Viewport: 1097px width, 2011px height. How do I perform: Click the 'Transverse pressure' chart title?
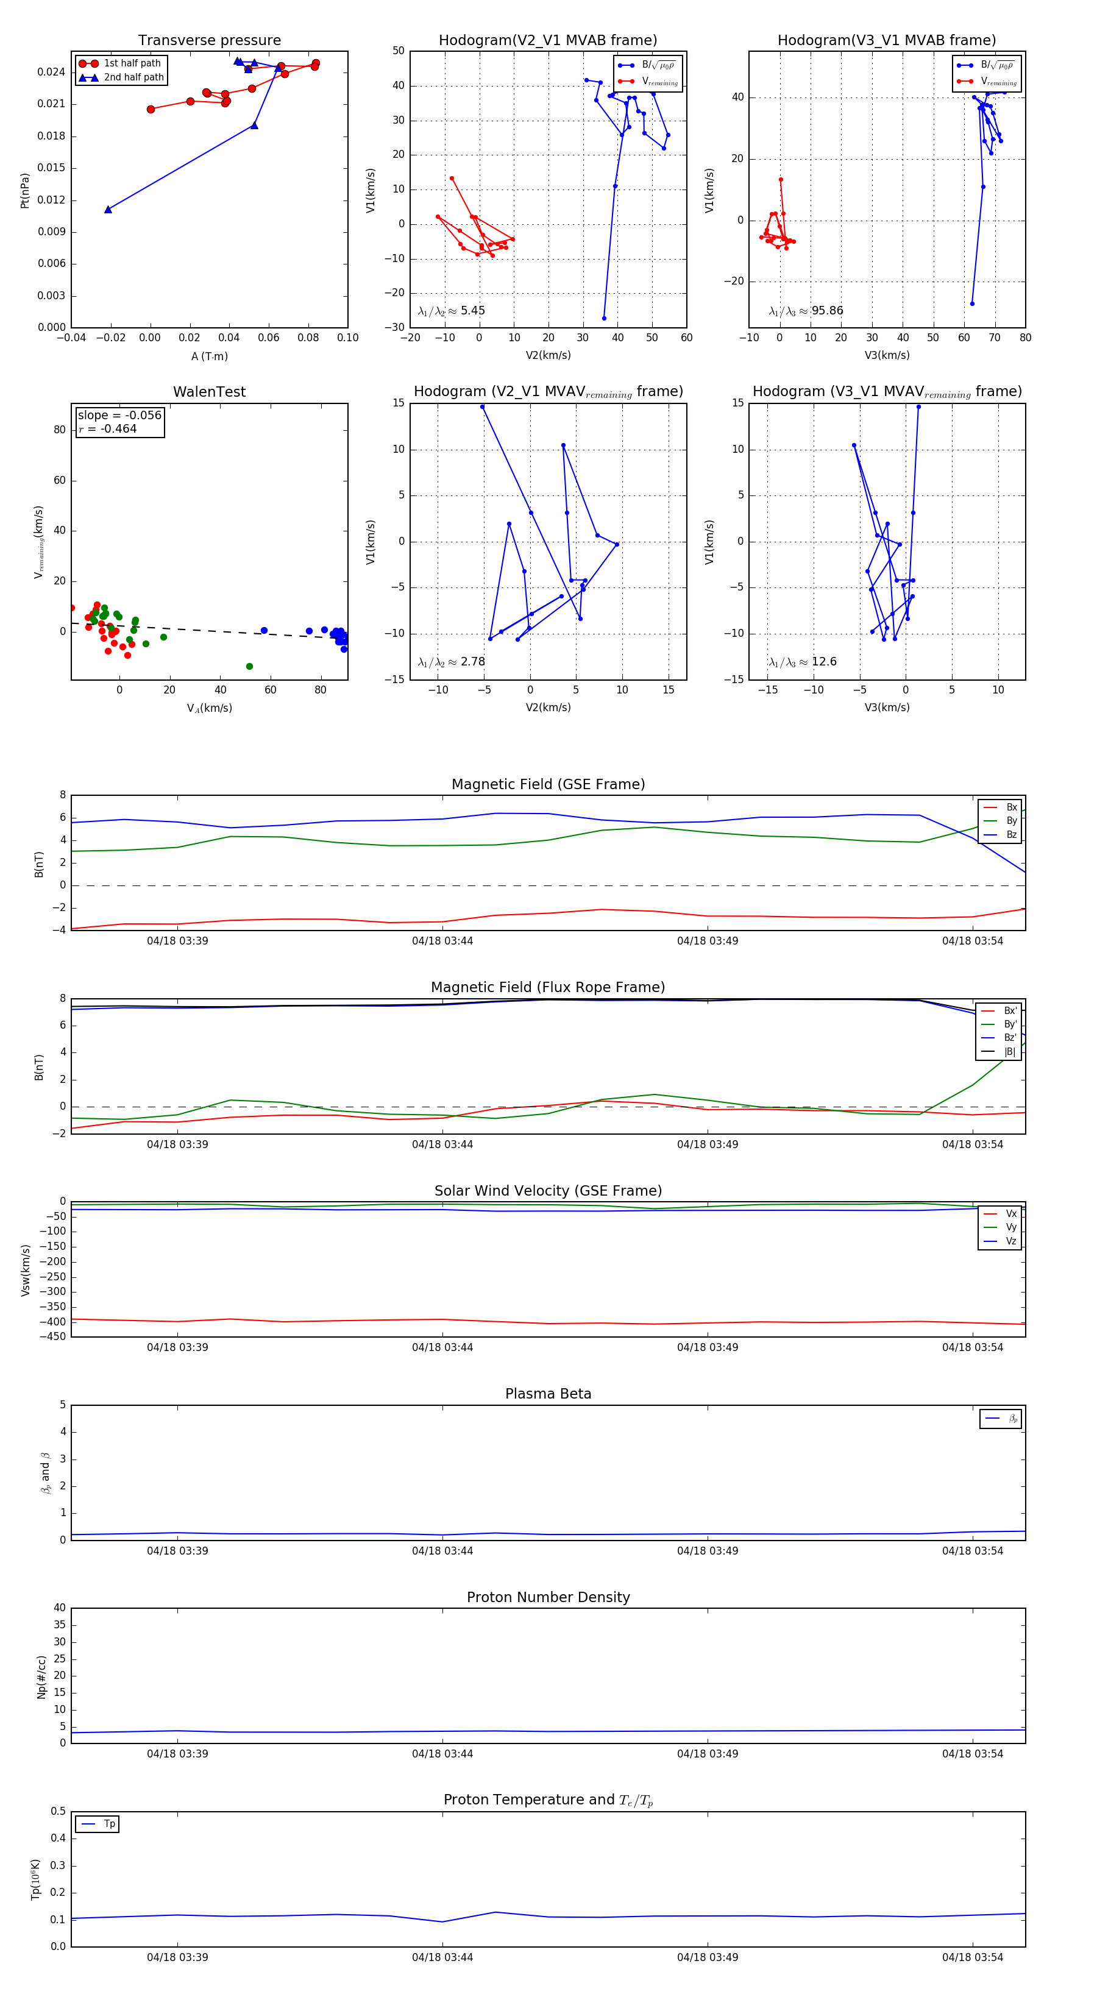[209, 41]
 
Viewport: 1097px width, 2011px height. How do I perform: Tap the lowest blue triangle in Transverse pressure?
[108, 209]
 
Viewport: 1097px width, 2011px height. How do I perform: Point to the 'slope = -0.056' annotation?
[119, 416]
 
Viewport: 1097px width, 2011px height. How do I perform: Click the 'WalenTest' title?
[209, 392]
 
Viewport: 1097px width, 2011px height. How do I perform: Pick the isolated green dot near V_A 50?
[249, 666]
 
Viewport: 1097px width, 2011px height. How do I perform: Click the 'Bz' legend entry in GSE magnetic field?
[1011, 834]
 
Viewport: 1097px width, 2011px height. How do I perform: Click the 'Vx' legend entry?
[1010, 1213]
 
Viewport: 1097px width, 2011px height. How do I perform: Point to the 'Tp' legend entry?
[109, 1824]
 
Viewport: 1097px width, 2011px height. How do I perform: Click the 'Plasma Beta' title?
[548, 1394]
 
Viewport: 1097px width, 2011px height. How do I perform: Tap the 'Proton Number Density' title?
[548, 1597]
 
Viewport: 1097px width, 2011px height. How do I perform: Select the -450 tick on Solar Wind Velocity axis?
[53, 1336]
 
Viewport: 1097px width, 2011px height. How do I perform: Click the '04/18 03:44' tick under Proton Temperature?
[442, 1957]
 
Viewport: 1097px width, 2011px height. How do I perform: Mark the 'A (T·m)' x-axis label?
[209, 356]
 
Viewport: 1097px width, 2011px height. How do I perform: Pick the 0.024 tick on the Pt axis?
[52, 72]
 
